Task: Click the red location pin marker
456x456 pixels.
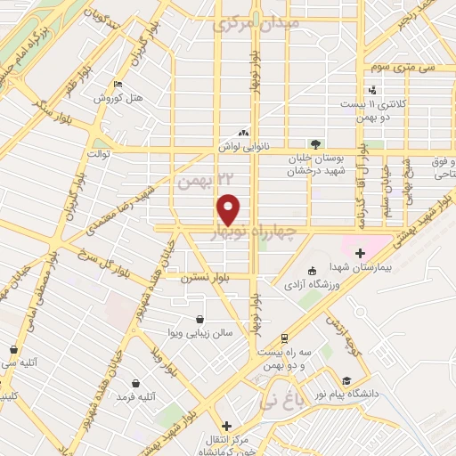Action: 230,208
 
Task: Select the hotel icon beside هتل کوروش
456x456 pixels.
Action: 118,85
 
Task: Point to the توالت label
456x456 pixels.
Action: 96,154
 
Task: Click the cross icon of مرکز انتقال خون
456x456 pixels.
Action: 228,426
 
